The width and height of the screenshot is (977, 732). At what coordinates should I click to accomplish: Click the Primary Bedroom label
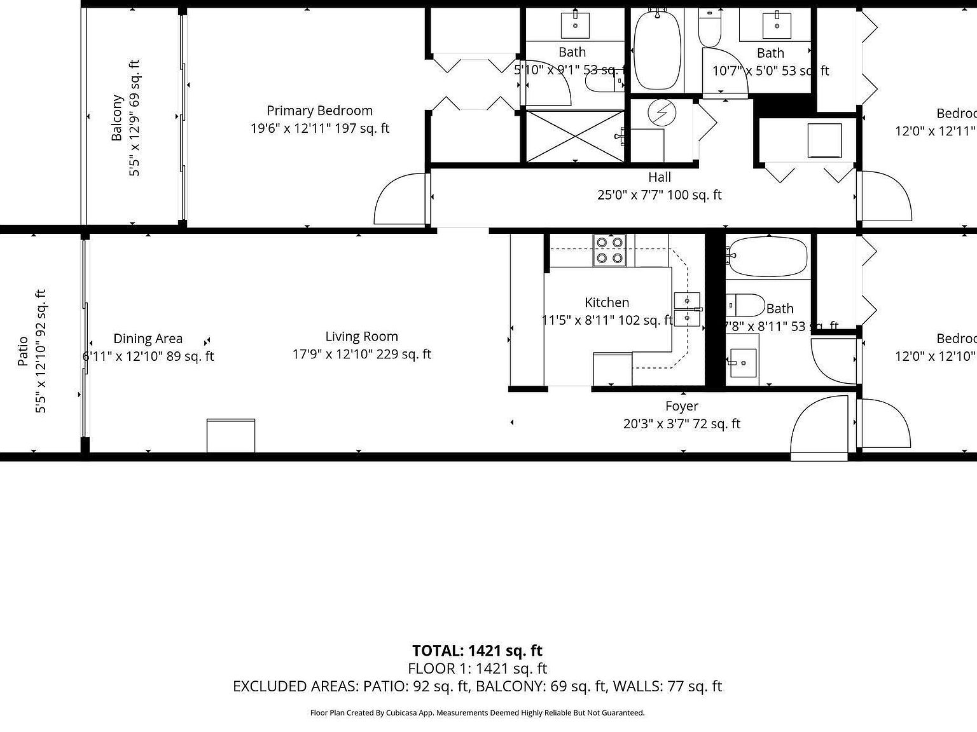(319, 111)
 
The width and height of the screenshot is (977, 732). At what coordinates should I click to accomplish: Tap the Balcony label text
(117, 118)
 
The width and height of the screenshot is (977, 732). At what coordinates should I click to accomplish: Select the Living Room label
(361, 337)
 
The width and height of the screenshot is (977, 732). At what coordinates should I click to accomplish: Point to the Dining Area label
(148, 339)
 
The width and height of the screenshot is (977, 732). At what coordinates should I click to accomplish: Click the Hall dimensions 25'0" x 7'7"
(659, 195)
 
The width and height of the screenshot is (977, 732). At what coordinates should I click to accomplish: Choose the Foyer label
(682, 406)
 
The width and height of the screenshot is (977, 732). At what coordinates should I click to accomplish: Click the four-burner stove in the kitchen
(609, 250)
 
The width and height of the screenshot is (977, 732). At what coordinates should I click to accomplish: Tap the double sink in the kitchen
(686, 309)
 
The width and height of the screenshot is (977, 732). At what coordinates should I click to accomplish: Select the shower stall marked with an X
(574, 135)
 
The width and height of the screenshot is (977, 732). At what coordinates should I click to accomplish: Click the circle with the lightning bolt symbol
(662, 112)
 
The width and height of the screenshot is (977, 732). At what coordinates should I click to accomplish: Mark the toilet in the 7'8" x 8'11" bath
(745, 305)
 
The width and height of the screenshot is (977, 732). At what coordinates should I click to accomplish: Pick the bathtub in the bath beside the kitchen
(768, 256)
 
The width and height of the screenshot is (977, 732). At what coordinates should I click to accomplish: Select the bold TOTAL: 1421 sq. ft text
(477, 651)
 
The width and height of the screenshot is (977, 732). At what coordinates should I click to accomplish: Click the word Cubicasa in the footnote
(402, 713)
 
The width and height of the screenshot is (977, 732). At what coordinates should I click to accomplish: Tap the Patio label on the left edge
(24, 351)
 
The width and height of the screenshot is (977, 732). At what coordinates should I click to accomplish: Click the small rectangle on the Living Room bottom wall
(231, 435)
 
